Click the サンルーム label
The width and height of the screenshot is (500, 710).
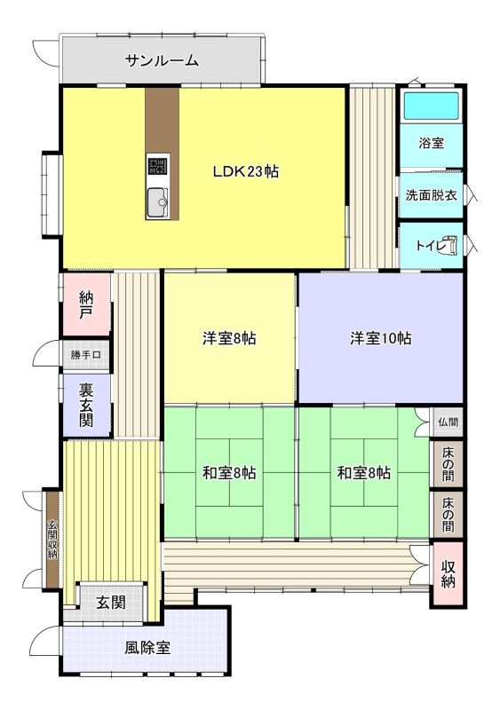[162, 60]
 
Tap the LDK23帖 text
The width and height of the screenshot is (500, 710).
[246, 171]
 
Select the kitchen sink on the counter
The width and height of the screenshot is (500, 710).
[157, 201]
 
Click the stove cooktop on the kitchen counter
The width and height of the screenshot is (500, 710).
[157, 165]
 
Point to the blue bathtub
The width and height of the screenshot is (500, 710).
[431, 106]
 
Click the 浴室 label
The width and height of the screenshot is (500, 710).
[431, 144]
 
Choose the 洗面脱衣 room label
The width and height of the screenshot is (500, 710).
[431, 195]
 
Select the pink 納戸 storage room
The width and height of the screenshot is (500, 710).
[86, 304]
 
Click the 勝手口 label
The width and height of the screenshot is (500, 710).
[85, 355]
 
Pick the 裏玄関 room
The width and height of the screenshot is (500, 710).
[86, 405]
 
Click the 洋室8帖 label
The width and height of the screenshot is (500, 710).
[229, 338]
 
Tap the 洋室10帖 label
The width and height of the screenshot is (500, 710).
[381, 338]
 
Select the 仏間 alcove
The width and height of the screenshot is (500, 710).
[447, 422]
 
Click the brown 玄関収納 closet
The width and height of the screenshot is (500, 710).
[52, 540]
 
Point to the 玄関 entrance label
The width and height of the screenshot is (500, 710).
[111, 603]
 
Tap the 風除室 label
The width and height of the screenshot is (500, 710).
[147, 648]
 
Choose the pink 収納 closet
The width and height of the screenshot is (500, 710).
[448, 574]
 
